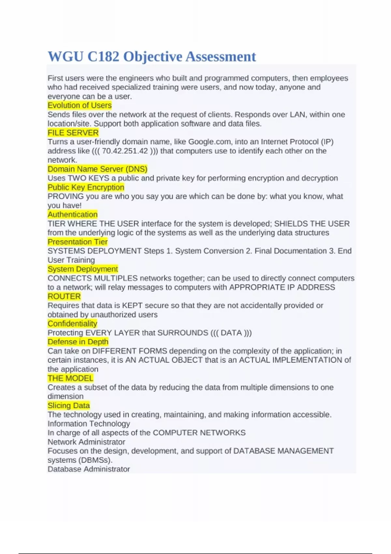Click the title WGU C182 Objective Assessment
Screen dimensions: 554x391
coord(152,56)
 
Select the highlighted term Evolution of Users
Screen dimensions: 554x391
coord(80,105)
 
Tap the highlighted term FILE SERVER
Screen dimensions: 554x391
coord(73,133)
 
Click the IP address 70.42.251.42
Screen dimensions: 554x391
coord(125,151)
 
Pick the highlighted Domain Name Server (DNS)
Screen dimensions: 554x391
coord(97,169)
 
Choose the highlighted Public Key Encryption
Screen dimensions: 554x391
coord(86,187)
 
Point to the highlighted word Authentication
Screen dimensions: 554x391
coord(72,214)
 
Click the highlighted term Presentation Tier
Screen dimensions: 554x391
coord(78,242)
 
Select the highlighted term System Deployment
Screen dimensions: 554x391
coord(83,269)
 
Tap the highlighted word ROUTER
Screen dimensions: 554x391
coord(64,297)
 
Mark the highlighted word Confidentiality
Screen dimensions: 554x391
coord(72,324)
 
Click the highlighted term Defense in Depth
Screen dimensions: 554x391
coord(78,342)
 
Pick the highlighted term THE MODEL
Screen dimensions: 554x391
coord(70,378)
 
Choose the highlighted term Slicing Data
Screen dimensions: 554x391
coord(69,405)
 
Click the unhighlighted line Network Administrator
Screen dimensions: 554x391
coord(86,442)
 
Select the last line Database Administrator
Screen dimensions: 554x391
coord(89,469)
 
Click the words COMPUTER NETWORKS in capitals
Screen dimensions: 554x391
coord(199,433)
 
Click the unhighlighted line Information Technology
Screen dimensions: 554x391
coord(89,424)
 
